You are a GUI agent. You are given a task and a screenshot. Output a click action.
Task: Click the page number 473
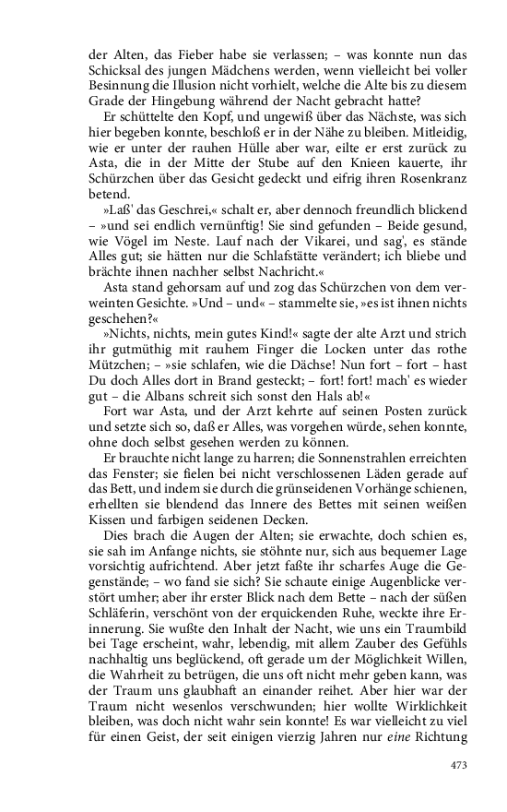click(x=459, y=764)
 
